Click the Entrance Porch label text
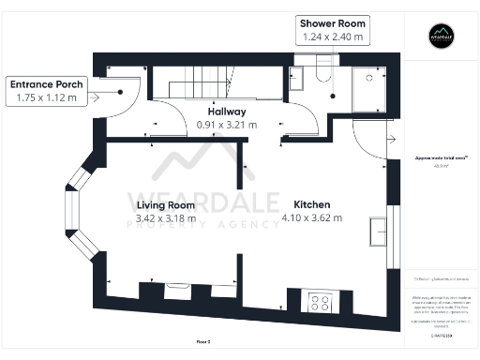pos(47,84)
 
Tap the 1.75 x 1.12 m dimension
pos(47,97)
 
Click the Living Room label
pos(165,204)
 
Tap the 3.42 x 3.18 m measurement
pos(165,218)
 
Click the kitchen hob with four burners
pos(319,302)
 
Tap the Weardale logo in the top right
pos(441,37)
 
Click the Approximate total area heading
pos(441,158)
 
